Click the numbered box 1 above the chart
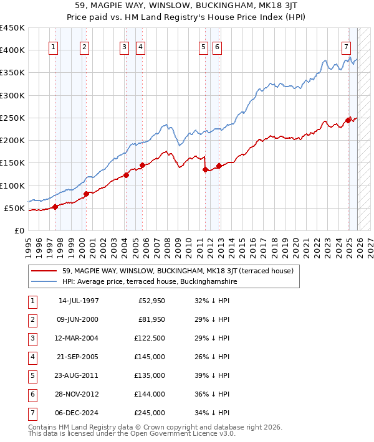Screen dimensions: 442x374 coord(53,47)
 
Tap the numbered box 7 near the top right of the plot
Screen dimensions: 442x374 coord(346,47)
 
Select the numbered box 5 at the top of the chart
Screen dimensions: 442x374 coord(204,47)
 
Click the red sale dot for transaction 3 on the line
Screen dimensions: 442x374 coord(126,175)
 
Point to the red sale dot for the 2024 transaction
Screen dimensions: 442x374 coord(348,120)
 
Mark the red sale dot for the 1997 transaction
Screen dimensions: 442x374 coord(55,207)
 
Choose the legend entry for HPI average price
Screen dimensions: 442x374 coord(150,281)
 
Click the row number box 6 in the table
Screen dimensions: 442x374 coord(32,395)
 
